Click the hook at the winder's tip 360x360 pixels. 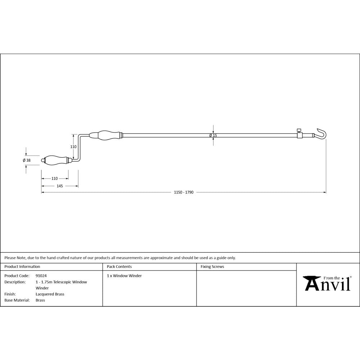point(323,134)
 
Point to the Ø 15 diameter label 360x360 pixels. point(213,135)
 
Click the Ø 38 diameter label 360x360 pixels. point(26,160)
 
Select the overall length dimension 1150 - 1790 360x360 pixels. point(184,193)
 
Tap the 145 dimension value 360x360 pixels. point(60,186)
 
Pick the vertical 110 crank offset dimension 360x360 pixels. point(73,147)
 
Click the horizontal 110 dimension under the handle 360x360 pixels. point(55,179)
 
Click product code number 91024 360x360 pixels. point(41,276)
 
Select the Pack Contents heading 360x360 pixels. point(119,267)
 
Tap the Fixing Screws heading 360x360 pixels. point(212,267)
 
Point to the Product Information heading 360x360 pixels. point(22,267)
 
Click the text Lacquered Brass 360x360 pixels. point(50,294)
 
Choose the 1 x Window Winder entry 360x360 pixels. point(124,276)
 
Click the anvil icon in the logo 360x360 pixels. point(312,283)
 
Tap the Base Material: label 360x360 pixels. point(17,300)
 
